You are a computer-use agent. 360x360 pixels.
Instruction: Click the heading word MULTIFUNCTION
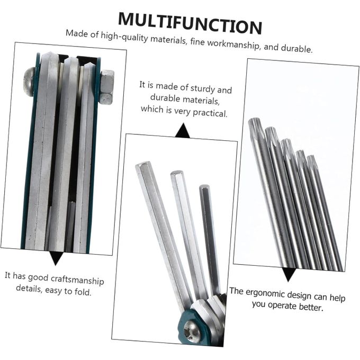[x=190, y=23]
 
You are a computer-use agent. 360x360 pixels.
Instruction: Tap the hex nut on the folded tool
[x=106, y=87]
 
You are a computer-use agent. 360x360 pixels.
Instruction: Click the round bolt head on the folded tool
[x=30, y=82]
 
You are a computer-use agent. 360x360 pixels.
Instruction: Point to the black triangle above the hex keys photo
[x=183, y=131]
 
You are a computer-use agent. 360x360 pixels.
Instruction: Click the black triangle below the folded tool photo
[x=56, y=258]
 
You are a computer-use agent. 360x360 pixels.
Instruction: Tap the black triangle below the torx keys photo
[x=289, y=274]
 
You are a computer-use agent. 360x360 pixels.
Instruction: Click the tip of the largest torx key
[x=255, y=120]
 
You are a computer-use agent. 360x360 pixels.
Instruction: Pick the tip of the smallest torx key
[x=311, y=157]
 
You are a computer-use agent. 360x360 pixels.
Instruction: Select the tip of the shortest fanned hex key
[x=204, y=186]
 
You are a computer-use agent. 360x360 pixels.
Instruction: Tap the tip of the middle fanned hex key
[x=176, y=173]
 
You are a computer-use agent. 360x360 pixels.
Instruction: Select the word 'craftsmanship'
[x=77, y=280]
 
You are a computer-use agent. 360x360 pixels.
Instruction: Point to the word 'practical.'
[x=210, y=112]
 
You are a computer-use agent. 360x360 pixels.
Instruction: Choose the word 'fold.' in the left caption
[x=83, y=292]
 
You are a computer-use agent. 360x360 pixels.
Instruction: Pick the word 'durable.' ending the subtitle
[x=296, y=48]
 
